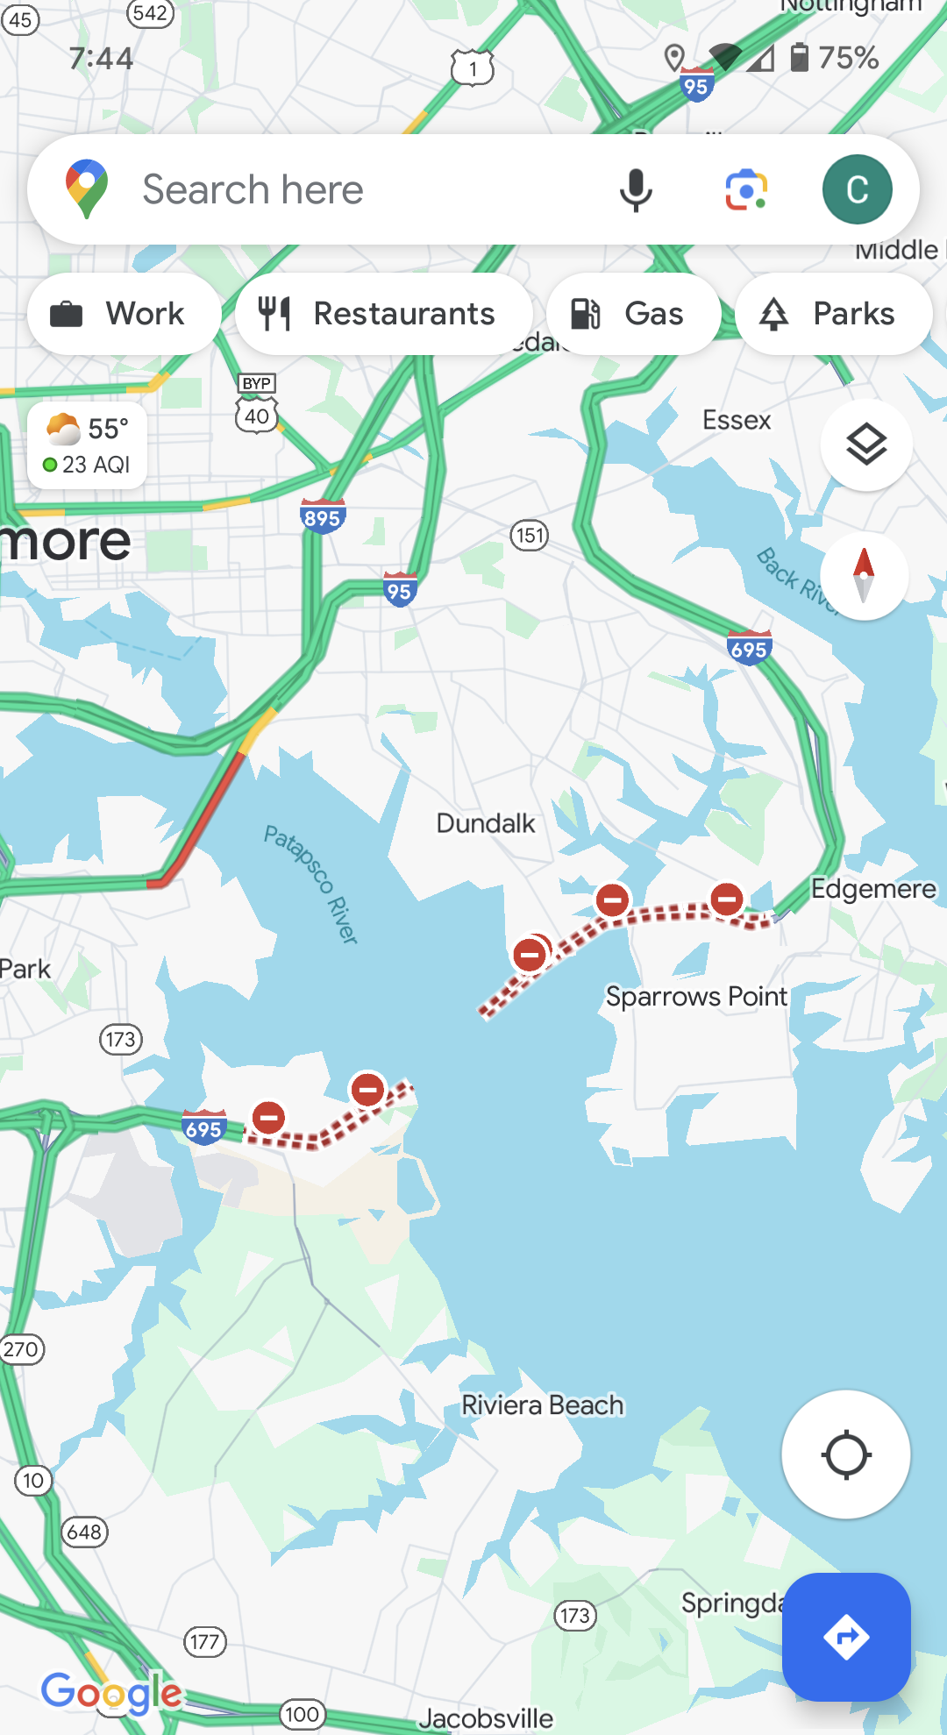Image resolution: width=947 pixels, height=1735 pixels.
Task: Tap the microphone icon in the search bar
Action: coord(636,189)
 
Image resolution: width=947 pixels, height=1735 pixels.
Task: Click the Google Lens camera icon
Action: coord(746,189)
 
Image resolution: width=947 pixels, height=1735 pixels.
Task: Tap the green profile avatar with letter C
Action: coord(857,189)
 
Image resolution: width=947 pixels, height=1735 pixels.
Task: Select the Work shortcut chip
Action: coord(124,314)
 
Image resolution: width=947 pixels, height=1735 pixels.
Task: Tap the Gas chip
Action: coord(632,314)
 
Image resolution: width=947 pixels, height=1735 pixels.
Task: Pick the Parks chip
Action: coord(832,314)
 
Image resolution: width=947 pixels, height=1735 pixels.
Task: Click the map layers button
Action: coord(865,445)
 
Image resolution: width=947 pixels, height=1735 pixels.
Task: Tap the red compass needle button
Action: coord(864,575)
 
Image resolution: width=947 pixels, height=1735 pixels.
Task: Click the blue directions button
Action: coord(846,1636)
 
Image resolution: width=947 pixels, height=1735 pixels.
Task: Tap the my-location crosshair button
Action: coord(845,1454)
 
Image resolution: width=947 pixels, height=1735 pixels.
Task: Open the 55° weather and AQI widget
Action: coord(87,445)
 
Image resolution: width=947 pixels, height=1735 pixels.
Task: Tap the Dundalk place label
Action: coord(485,823)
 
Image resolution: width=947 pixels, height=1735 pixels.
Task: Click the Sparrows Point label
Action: coord(696,996)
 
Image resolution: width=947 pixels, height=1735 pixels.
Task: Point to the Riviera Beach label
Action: coord(542,1405)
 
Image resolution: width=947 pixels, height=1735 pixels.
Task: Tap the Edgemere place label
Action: coord(872,888)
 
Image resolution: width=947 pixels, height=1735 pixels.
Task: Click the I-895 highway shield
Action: coord(322,517)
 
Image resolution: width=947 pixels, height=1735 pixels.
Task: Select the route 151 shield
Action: coord(530,535)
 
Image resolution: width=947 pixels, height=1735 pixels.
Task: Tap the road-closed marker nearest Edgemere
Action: coord(727,899)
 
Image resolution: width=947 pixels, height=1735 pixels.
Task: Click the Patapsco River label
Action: coord(311,884)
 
